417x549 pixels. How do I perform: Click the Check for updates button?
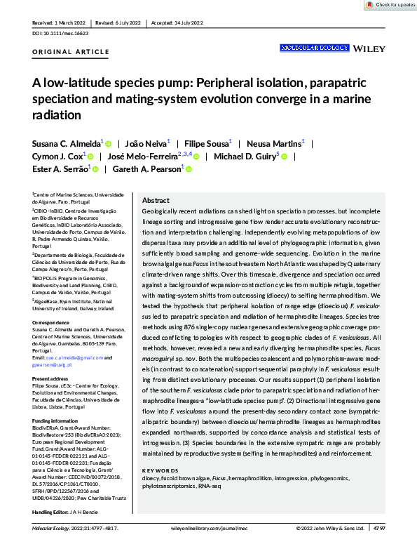click(389, 5)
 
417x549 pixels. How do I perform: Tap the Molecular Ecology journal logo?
click(315, 48)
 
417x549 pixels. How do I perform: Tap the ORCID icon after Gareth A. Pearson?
click(189, 169)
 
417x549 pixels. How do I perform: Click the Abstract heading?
click(156, 200)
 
